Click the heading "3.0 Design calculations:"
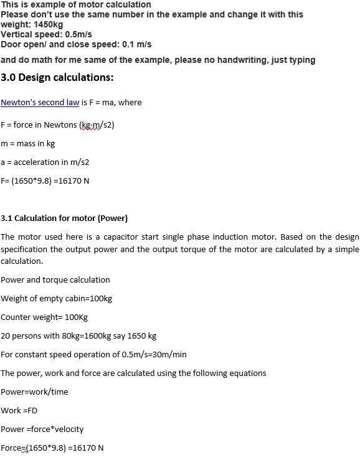point(57,78)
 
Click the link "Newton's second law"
point(40,103)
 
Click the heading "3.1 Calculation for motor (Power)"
point(64,218)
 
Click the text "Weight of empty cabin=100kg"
point(56,299)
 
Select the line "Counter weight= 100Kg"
point(44,317)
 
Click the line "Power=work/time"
point(34,392)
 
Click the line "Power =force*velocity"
point(42,429)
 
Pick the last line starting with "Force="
point(52,448)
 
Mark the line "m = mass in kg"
point(27,144)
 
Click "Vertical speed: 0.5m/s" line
point(46,34)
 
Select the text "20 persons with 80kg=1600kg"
point(62,336)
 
